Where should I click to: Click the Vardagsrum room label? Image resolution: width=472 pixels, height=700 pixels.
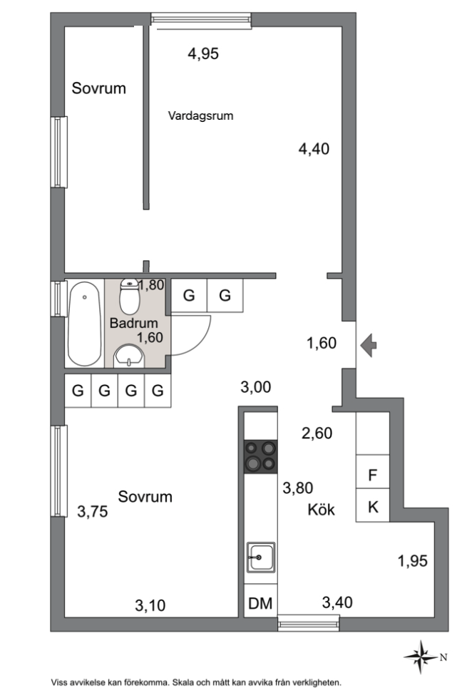200,115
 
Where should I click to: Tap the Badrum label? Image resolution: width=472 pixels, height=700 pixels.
133,323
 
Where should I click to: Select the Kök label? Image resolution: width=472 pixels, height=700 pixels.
321,510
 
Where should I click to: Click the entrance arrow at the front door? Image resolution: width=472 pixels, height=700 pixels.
369,345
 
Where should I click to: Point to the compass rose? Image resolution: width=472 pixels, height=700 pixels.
421,657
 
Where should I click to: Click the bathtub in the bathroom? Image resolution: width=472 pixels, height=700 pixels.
84,324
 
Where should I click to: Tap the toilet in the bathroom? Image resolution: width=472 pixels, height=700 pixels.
130,297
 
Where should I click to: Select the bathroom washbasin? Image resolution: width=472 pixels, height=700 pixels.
130,356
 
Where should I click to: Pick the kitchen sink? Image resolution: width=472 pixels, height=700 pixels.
261,557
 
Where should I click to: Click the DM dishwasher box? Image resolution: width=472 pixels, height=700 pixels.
260,603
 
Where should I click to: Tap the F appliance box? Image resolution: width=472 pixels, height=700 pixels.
372,475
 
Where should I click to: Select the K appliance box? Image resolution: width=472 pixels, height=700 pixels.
372,507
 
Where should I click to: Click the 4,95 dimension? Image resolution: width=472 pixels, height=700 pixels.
203,53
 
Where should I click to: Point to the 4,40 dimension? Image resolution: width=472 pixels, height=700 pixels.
314,149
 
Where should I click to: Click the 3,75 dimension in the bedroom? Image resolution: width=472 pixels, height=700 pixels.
93,511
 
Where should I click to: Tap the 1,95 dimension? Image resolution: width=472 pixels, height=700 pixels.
413,561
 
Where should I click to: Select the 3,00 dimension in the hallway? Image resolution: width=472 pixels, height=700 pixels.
255,386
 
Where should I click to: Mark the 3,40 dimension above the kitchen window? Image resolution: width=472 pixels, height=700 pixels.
337,602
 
